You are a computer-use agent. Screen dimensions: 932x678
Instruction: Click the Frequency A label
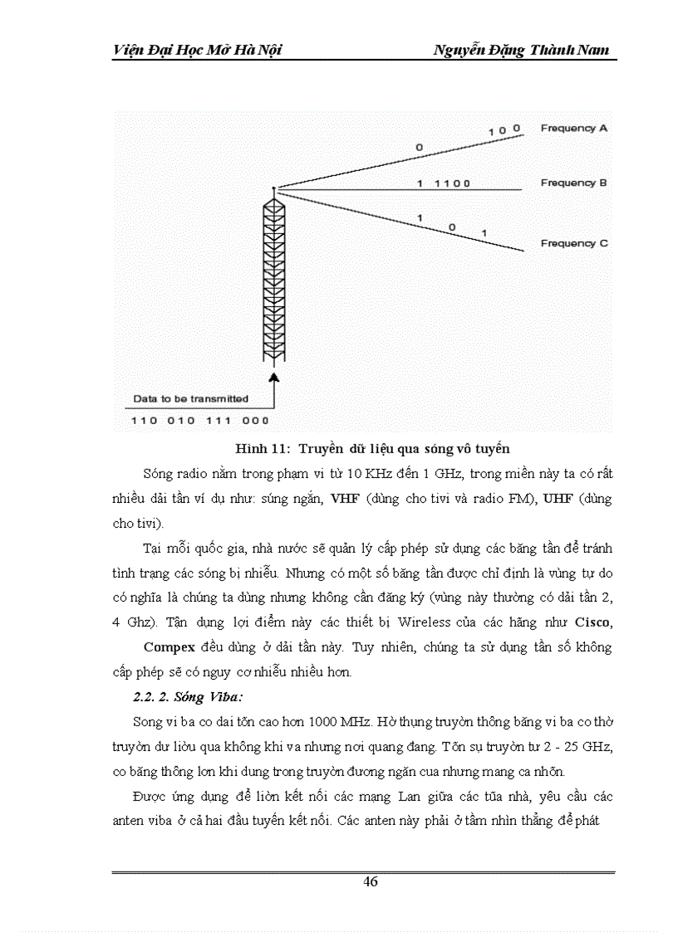(574, 129)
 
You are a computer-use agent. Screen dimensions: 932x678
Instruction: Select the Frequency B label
(574, 183)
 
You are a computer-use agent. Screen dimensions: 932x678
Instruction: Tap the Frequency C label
(574, 244)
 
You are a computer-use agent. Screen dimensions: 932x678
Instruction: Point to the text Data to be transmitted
(190, 399)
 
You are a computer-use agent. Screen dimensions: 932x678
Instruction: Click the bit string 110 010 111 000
(200, 421)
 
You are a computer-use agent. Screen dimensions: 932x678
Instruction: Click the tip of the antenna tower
(273, 189)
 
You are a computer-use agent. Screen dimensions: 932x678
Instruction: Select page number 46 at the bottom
(371, 881)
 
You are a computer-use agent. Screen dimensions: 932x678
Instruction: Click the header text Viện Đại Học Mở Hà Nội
(197, 51)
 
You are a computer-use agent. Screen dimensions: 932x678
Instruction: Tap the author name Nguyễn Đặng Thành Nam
(521, 51)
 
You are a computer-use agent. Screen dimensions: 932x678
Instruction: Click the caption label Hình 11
(259, 449)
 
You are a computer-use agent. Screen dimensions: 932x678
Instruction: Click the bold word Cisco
(595, 622)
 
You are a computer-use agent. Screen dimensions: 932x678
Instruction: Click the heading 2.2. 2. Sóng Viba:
(170, 698)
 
